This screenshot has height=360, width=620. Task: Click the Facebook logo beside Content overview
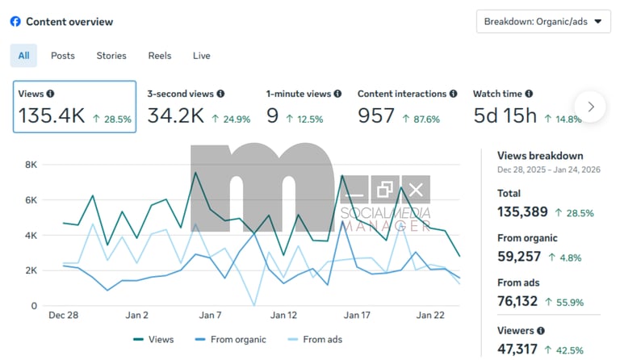(x=15, y=22)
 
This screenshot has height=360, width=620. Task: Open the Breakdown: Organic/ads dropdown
(x=543, y=22)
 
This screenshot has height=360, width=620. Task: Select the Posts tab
(x=63, y=56)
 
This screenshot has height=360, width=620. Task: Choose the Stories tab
(x=111, y=56)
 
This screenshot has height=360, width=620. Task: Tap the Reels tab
(x=160, y=56)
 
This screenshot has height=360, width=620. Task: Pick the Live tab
(x=202, y=56)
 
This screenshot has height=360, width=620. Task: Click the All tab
(x=23, y=56)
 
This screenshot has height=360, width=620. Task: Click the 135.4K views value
(x=52, y=116)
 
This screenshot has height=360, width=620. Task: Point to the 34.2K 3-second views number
(x=175, y=116)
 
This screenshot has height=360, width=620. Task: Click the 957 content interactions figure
(x=376, y=116)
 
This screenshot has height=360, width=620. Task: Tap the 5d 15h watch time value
(x=505, y=116)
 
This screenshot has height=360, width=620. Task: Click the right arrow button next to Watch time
(x=591, y=107)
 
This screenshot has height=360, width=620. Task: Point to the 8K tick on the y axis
(x=31, y=165)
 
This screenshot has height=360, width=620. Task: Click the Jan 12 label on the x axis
(x=283, y=315)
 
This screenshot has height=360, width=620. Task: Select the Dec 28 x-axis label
(x=63, y=315)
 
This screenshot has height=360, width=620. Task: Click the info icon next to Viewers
(x=540, y=331)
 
